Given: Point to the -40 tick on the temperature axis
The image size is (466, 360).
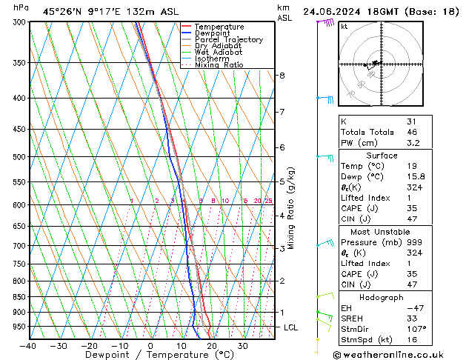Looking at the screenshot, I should [28, 346].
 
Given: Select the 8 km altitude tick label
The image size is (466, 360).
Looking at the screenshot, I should [282, 76].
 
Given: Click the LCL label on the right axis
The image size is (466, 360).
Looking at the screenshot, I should [291, 327].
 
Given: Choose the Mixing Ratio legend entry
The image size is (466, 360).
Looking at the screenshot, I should [219, 65].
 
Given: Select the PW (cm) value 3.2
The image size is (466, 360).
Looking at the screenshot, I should [413, 143].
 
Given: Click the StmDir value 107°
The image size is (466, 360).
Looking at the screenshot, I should [416, 329].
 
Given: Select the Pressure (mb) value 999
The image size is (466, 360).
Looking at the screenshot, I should [414, 242].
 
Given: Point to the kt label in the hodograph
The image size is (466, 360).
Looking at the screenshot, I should [344, 27].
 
